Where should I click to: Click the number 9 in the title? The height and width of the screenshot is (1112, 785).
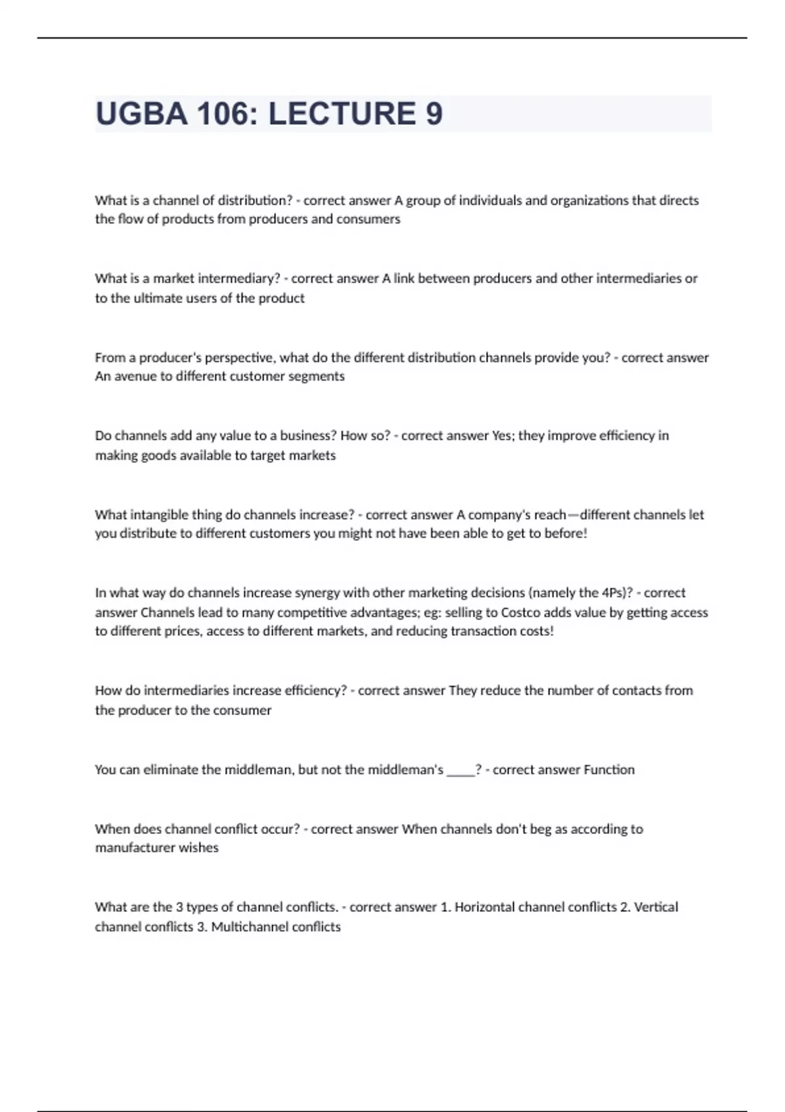(x=434, y=114)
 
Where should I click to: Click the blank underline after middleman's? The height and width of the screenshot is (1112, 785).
(x=461, y=770)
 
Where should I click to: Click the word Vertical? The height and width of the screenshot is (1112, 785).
(x=656, y=907)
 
